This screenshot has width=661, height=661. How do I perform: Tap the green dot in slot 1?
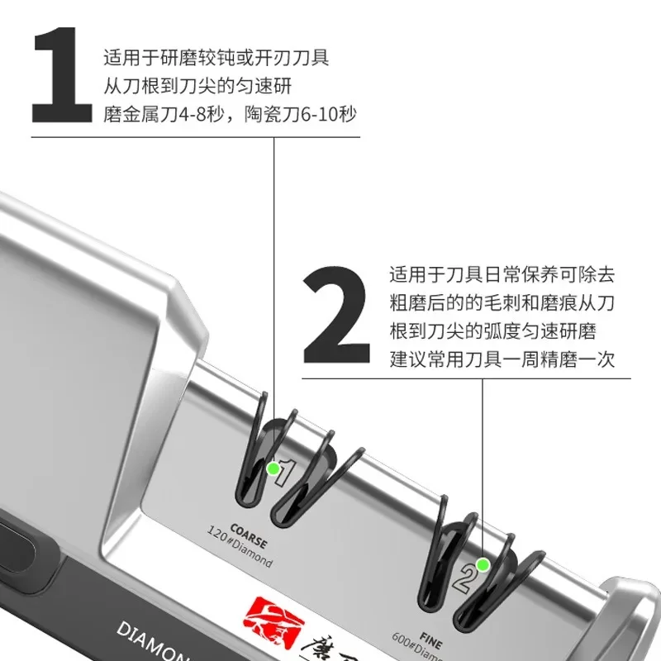pos(272,469)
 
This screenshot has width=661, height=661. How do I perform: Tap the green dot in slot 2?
pos(483,565)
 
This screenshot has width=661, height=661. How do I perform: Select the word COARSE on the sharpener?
pos(249,538)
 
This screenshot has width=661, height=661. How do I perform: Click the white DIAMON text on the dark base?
pos(154,640)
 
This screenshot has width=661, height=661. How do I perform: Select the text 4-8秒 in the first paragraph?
pos(216,113)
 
